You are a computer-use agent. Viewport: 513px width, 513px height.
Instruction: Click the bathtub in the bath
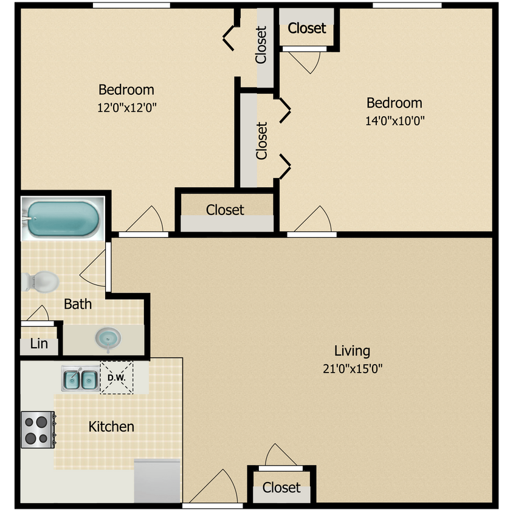(63, 218)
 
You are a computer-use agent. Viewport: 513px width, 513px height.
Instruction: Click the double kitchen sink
(80, 380)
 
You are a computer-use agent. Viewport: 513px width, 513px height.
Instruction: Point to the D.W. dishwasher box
(116, 378)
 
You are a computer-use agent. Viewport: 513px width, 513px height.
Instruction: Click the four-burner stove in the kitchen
(37, 430)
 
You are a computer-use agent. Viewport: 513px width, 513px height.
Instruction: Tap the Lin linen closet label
(39, 344)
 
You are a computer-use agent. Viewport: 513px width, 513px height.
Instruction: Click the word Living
(352, 351)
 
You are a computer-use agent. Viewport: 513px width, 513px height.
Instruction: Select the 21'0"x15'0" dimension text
(352, 368)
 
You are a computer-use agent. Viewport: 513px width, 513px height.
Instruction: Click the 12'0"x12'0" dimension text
(126, 108)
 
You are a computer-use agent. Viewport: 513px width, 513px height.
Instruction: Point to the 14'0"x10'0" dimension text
(394, 120)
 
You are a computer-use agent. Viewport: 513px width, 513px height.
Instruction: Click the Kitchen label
(111, 427)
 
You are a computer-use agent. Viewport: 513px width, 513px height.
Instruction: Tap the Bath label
(78, 304)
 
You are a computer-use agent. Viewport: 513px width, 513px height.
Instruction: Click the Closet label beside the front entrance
(281, 487)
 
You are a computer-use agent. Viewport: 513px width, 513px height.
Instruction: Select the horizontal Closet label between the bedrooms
(225, 210)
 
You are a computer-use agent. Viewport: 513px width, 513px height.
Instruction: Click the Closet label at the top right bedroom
(307, 28)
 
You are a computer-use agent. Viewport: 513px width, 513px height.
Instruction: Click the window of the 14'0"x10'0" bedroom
(407, 5)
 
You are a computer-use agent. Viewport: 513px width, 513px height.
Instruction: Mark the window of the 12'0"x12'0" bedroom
(131, 5)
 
